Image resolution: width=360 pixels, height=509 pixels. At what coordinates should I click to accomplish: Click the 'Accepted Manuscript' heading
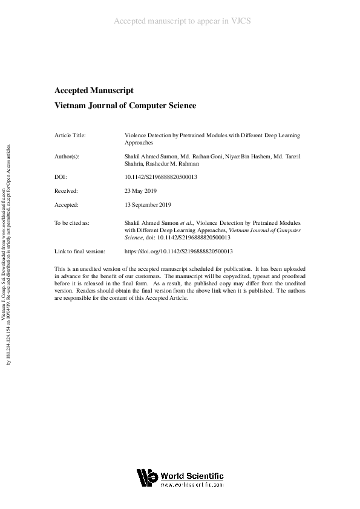tap(94, 91)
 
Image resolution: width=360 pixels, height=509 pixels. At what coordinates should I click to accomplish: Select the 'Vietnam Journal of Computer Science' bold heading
tap(125, 106)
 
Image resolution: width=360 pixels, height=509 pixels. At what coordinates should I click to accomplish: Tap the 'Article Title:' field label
tap(70, 135)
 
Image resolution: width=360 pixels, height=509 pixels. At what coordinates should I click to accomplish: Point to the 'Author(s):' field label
tap(67, 157)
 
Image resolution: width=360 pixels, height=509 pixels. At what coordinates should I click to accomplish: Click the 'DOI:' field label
tap(61, 178)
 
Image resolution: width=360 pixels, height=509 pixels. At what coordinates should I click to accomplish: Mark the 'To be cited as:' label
tap(72, 223)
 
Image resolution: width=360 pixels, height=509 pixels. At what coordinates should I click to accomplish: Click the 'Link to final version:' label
tap(80, 251)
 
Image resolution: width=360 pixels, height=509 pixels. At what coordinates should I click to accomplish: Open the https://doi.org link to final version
tap(178, 251)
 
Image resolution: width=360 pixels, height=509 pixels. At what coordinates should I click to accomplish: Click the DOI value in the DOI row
tap(161, 178)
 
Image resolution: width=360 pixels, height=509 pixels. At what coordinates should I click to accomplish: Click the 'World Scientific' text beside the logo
tap(192, 476)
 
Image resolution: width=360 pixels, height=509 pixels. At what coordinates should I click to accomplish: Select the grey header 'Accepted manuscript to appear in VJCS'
tap(182, 21)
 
